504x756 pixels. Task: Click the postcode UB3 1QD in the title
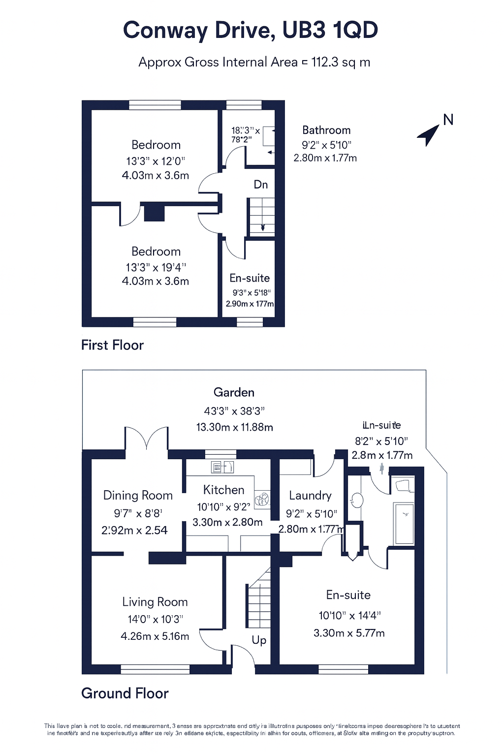coord(330,31)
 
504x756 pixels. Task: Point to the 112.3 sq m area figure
coord(341,63)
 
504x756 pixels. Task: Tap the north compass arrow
coord(429,134)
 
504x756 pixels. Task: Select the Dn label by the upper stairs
coord(261,185)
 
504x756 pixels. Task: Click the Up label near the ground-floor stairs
coord(259,640)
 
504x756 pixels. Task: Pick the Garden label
coord(234,392)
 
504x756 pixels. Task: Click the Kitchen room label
coord(224,490)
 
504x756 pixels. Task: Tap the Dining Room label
coord(138,495)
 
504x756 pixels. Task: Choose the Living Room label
coord(155,602)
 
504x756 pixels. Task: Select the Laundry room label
coord(310,495)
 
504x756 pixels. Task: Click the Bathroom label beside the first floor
coord(326,130)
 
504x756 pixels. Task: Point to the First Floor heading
coord(112,345)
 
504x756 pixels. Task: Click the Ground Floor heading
coord(125,693)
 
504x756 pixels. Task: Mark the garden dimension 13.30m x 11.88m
coord(234,427)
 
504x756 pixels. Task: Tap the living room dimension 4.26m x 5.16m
coord(155,636)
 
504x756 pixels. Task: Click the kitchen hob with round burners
coord(262,499)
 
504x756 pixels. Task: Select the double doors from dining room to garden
coord(147,439)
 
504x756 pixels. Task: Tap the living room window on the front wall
coord(155,669)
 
